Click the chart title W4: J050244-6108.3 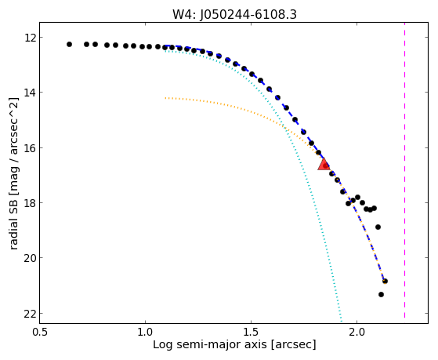234,14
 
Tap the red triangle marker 324,165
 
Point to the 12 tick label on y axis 30,37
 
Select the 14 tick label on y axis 30,93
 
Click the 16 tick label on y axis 30,147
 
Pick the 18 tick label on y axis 30,202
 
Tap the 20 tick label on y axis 30,257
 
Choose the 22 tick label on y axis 30,314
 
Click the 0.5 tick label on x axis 40,332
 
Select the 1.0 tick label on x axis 145,332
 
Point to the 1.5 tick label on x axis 251,332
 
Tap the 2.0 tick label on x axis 357,332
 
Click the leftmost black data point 69,44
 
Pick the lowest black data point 381,294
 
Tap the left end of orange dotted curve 165,98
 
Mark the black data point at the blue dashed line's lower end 385,281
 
